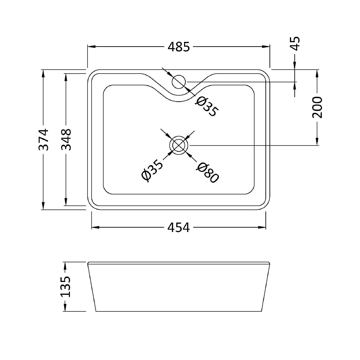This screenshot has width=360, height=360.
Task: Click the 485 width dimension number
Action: tap(179, 47)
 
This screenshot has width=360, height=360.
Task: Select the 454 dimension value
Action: tap(179, 228)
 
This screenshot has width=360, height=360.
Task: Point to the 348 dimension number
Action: tap(66, 139)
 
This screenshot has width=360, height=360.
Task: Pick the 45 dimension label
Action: tap(295, 43)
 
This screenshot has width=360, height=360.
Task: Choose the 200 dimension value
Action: tap(317, 107)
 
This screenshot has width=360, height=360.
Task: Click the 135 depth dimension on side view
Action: tap(65, 286)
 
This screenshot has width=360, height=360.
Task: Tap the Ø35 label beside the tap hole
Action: tap(207, 106)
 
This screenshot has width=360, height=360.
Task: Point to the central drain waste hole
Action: tap(179, 145)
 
